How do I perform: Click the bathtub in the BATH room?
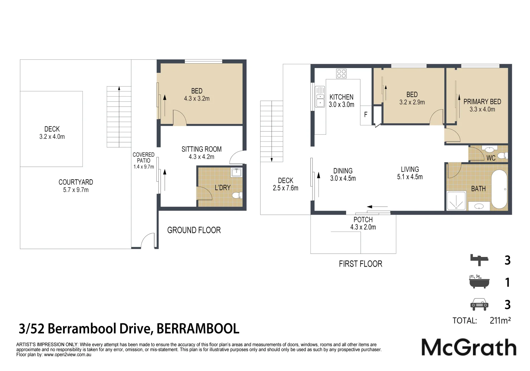pyautogui.click(x=499, y=189)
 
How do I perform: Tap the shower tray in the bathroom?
pyautogui.click(x=456, y=201)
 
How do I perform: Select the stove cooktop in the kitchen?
pyautogui.click(x=341, y=74)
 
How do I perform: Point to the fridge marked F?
pyautogui.click(x=366, y=115)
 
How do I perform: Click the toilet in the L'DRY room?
pyautogui.click(x=236, y=196)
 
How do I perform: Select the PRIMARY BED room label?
pyautogui.click(x=482, y=102)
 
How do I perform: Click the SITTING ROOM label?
pyautogui.click(x=201, y=149)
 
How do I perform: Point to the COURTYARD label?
pyautogui.click(x=76, y=182)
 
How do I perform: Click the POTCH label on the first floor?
pyautogui.click(x=363, y=220)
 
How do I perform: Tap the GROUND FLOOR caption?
pyautogui.click(x=194, y=230)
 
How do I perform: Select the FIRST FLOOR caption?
pyautogui.click(x=360, y=264)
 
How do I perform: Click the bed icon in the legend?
pyautogui.click(x=479, y=260)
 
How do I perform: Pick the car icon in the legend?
pyautogui.click(x=479, y=304)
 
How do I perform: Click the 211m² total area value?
pyautogui.click(x=500, y=321)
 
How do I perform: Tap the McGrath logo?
pyautogui.click(x=468, y=347)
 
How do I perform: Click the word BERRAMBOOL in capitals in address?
pyautogui.click(x=198, y=329)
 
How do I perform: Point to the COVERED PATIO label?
pyautogui.click(x=144, y=158)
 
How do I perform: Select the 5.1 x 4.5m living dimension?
pyautogui.click(x=410, y=177)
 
